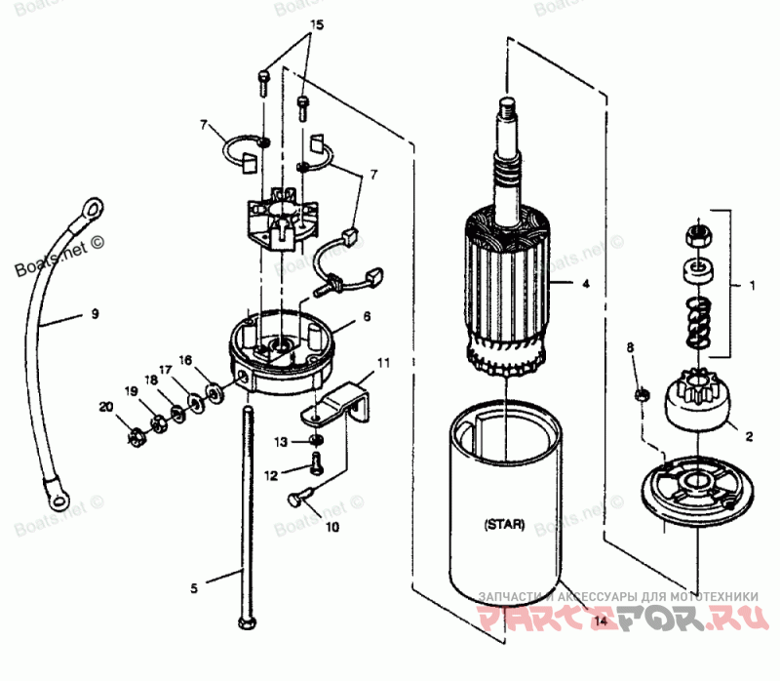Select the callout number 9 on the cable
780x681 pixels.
[95, 314]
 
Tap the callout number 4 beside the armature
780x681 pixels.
[585, 285]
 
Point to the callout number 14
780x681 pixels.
[600, 621]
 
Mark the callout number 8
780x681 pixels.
[630, 346]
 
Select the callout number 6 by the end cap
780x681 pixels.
[367, 317]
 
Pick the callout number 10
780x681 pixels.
[331, 528]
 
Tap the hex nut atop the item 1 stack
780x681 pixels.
[699, 234]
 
